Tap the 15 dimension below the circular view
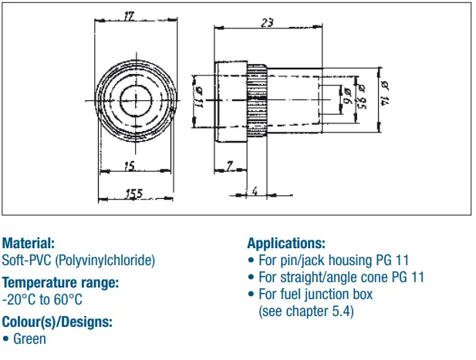pyautogui.click(x=128, y=167)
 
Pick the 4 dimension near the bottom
pyautogui.click(x=254, y=190)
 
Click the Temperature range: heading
pyautogui.click(x=60, y=282)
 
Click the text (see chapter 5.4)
pyautogui.click(x=306, y=311)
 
